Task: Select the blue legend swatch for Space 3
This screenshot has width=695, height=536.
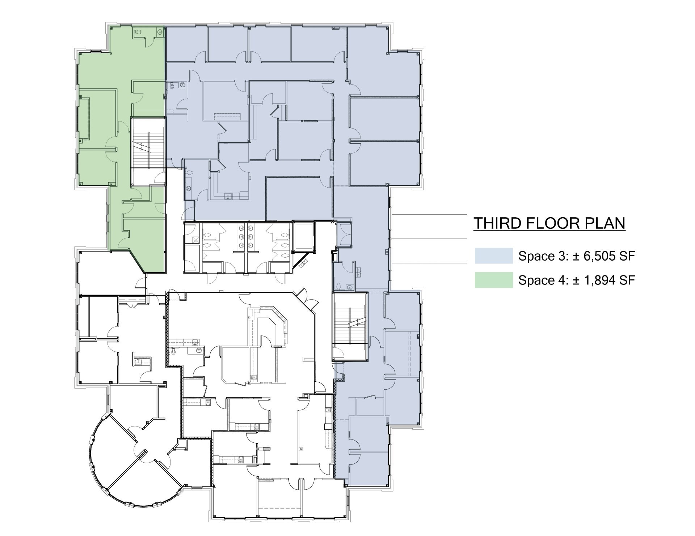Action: [x=494, y=256]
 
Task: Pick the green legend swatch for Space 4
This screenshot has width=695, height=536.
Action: [x=494, y=280]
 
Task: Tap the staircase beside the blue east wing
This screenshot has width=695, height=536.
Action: [x=350, y=318]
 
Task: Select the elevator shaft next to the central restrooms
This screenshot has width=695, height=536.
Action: [x=303, y=237]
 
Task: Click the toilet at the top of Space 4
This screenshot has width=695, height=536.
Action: [x=138, y=32]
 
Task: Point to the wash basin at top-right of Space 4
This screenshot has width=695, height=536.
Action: [x=160, y=32]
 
